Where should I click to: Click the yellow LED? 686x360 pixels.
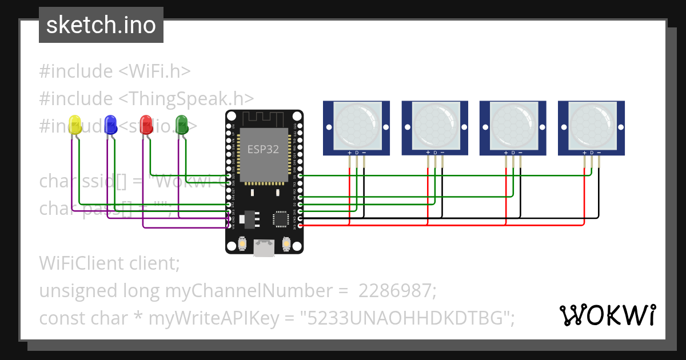(75, 125)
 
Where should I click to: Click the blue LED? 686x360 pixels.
(110, 125)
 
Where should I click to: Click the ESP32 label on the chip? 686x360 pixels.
(263, 149)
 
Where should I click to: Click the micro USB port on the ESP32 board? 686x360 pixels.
(264, 247)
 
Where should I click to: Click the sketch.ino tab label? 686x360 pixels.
(101, 25)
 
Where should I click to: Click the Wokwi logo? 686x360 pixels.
(607, 315)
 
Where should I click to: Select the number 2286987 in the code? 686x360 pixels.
(397, 291)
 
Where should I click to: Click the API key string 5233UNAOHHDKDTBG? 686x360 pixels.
(407, 318)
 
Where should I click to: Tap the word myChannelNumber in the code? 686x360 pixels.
(256, 291)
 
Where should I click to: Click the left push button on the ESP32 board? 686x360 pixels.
(243, 245)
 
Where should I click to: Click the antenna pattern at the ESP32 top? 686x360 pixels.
(264, 119)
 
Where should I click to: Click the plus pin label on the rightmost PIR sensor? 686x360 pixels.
(584, 153)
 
